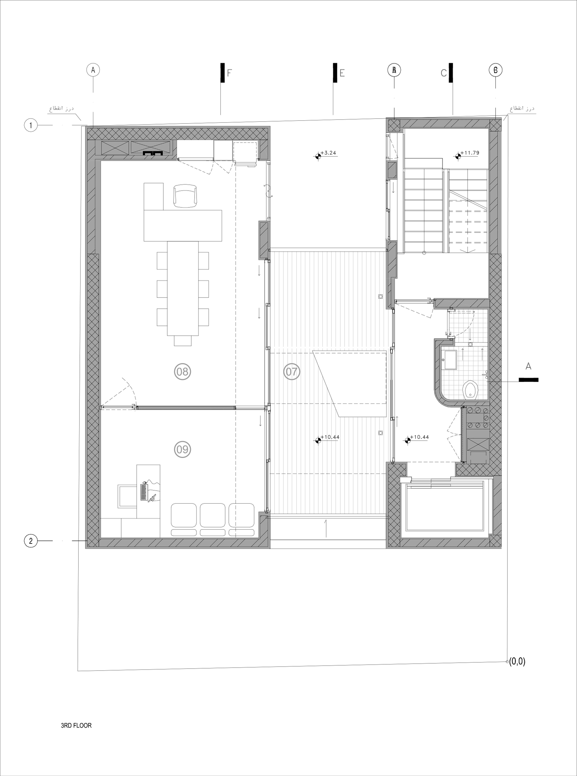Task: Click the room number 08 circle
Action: (x=182, y=371)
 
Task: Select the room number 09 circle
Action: (x=182, y=449)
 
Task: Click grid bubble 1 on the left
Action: (x=31, y=125)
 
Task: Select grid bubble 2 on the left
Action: (x=31, y=541)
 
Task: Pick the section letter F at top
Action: (x=229, y=73)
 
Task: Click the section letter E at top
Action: (x=342, y=73)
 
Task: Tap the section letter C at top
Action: (x=444, y=73)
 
